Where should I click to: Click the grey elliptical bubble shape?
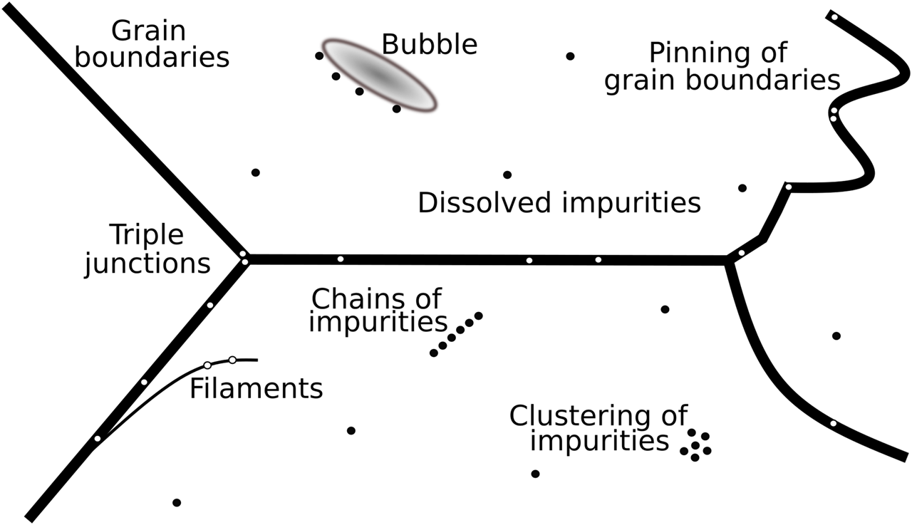tap(378, 74)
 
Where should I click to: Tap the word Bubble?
tap(429, 44)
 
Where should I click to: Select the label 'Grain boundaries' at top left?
tap(151, 44)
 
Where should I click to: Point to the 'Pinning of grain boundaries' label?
tap(721, 66)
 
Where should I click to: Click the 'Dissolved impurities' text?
tap(559, 203)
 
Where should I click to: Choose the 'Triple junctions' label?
tap(147, 249)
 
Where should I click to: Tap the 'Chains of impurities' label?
tap(377, 310)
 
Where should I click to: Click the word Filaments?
tap(256, 389)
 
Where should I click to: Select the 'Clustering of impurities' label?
tap(598, 428)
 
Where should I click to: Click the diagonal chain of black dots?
tap(456, 334)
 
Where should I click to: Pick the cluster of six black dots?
tap(695, 445)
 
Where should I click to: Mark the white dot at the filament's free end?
tap(232, 360)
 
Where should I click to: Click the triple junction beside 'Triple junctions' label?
tap(244, 259)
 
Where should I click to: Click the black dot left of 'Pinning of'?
tap(570, 56)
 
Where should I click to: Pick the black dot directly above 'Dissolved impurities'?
tap(507, 175)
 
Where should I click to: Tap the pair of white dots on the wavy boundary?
tap(833, 115)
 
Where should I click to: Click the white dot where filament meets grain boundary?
tap(98, 438)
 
